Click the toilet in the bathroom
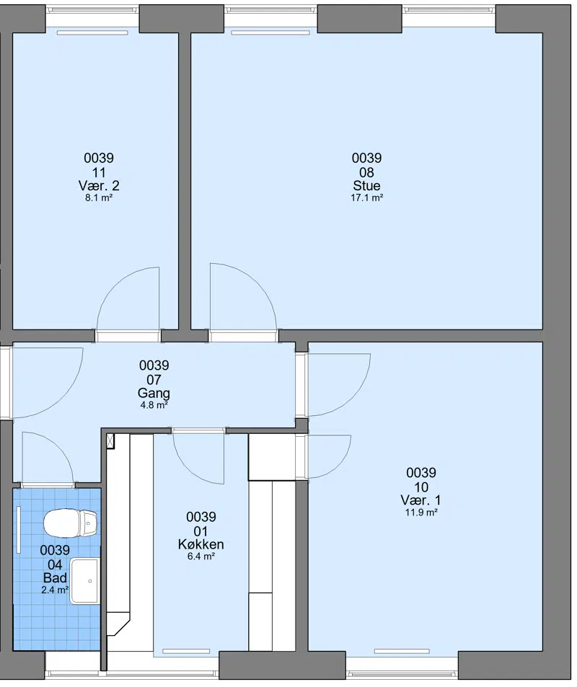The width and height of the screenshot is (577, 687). pyautogui.click(x=70, y=522)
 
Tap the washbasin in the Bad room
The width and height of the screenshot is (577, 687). pyautogui.click(x=86, y=581)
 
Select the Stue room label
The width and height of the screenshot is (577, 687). pyautogui.click(x=366, y=185)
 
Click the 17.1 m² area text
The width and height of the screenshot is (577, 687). pyautogui.click(x=366, y=198)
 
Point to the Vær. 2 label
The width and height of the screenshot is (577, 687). pyautogui.click(x=99, y=185)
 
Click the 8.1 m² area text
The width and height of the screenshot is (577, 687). pyautogui.click(x=99, y=198)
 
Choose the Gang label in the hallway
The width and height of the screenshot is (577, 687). pyautogui.click(x=154, y=393)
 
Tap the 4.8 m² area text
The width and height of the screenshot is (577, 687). pyautogui.click(x=154, y=405)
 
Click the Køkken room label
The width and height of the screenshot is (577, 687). pyautogui.click(x=201, y=544)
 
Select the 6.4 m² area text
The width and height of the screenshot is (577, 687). pyautogui.click(x=201, y=557)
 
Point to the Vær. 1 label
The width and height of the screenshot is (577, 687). pyautogui.click(x=421, y=500)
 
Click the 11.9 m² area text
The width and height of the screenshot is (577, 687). pyautogui.click(x=421, y=512)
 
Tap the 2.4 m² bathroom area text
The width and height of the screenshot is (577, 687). pyautogui.click(x=55, y=590)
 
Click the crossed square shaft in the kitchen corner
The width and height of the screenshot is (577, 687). pyautogui.click(x=110, y=440)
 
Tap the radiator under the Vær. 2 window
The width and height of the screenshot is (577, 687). pyautogui.click(x=92, y=32)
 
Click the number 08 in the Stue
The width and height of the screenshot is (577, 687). pyautogui.click(x=366, y=172)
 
